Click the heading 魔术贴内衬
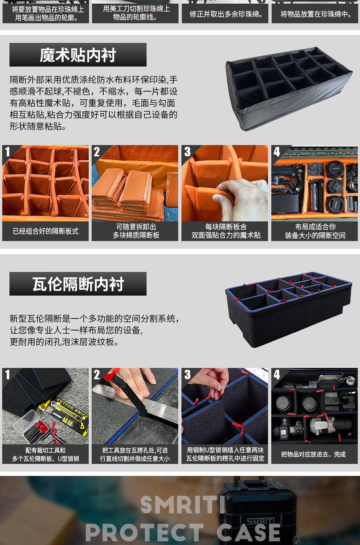78,55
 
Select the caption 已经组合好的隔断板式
45,231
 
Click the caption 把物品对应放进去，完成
313,454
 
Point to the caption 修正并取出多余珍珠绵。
226,14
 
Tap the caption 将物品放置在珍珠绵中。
316,14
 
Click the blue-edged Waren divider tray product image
289,309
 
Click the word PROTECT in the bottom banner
145,532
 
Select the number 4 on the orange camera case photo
277,152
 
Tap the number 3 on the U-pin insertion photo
187,375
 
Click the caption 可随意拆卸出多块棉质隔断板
136,231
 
